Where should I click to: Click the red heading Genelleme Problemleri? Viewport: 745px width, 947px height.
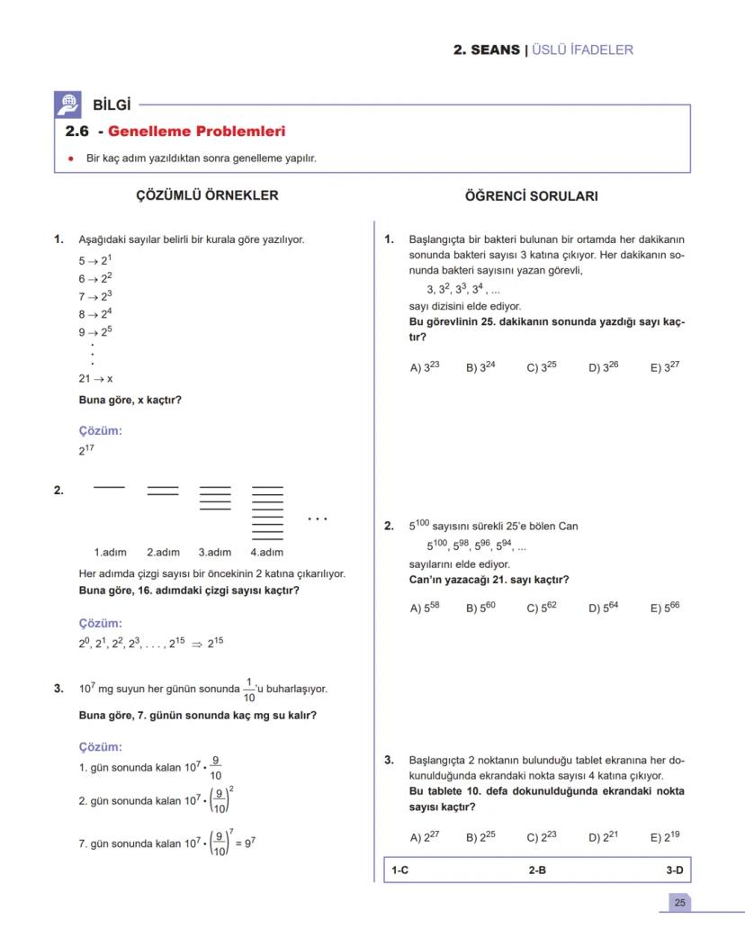pyautogui.click(x=196, y=131)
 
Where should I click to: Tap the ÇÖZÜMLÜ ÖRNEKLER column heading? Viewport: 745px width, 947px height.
pyautogui.click(x=207, y=195)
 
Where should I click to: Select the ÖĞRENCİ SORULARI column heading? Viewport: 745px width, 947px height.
pyautogui.click(x=531, y=196)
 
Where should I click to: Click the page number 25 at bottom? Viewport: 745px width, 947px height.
pyautogui.click(x=679, y=902)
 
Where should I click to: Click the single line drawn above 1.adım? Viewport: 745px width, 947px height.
pyautogui.click(x=109, y=487)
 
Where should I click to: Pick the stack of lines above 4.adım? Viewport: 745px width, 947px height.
pyautogui.click(x=267, y=511)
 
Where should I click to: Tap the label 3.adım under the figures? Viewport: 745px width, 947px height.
pyautogui.click(x=215, y=552)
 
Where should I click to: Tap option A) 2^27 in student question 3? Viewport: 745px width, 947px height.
pyautogui.click(x=425, y=836)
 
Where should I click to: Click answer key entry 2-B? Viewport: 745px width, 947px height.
pyautogui.click(x=537, y=870)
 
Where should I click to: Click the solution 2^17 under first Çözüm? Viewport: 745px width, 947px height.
pyautogui.click(x=86, y=449)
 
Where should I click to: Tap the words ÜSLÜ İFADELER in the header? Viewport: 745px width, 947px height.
pyautogui.click(x=583, y=50)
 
